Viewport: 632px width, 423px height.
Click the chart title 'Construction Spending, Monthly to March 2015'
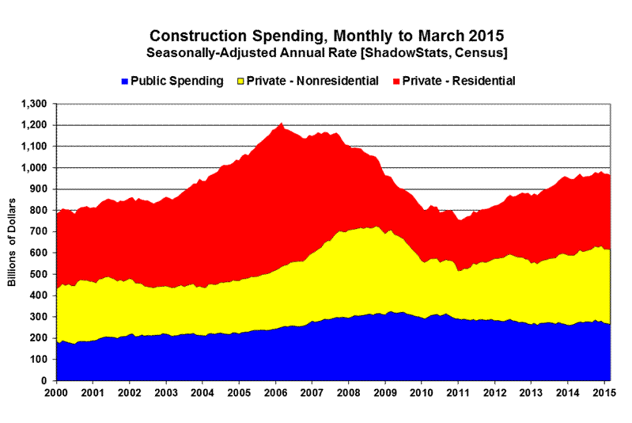[x=327, y=36]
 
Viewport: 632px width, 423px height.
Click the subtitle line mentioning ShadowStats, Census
[x=327, y=53]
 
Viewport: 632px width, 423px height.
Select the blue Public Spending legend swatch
[x=124, y=81]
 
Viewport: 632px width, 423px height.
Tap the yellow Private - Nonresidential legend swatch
[x=240, y=81]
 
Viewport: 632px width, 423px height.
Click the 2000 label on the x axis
[x=56, y=392]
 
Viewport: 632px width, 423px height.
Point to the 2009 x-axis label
[x=387, y=392]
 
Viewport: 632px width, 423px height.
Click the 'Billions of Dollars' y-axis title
[x=13, y=242]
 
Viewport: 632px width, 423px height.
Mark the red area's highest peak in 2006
[x=281, y=124]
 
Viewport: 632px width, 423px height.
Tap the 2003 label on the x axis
[x=166, y=392]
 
